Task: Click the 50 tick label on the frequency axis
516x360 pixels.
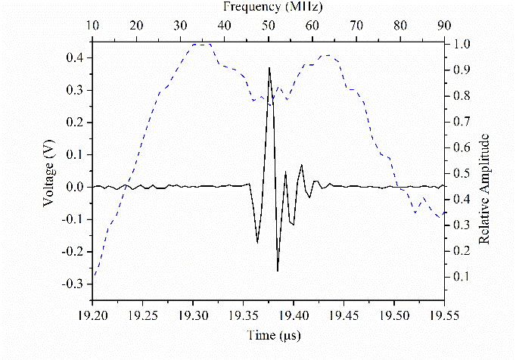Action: point(269,26)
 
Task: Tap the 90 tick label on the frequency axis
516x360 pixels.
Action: point(444,26)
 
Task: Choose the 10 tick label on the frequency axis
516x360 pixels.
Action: point(93,26)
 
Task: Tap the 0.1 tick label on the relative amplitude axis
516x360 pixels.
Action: point(461,278)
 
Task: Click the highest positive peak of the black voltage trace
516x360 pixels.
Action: point(269,68)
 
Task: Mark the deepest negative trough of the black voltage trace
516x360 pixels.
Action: point(278,270)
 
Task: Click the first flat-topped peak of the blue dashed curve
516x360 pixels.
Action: point(202,45)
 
